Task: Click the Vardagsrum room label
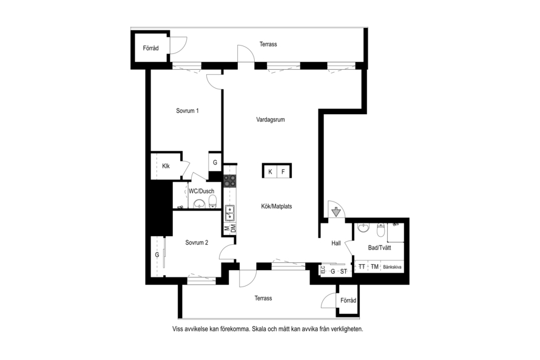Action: pyautogui.click(x=271, y=120)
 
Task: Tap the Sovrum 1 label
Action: pyautogui.click(x=187, y=111)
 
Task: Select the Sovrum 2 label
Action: pyautogui.click(x=197, y=242)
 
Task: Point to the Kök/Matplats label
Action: pyautogui.click(x=277, y=206)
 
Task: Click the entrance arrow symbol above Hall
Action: pyautogui.click(x=336, y=212)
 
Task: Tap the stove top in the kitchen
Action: pyautogui.click(x=230, y=181)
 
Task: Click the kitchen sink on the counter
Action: pyautogui.click(x=230, y=213)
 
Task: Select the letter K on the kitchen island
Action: pyautogui.click(x=271, y=172)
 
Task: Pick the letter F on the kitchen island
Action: pyautogui.click(x=283, y=172)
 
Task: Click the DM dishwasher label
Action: pyautogui.click(x=233, y=228)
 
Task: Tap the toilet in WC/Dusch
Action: pyautogui.click(x=213, y=202)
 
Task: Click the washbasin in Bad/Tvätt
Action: pyautogui.click(x=363, y=228)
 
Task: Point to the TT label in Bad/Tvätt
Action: pyautogui.click(x=362, y=267)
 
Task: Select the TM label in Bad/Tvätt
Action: pyautogui.click(x=375, y=267)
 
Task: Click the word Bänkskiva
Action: pyautogui.click(x=392, y=267)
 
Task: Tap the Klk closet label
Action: pyautogui.click(x=166, y=166)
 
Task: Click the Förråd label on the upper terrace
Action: pyautogui.click(x=151, y=48)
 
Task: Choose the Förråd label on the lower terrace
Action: pyautogui.click(x=348, y=301)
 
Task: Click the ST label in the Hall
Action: pyautogui.click(x=343, y=271)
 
